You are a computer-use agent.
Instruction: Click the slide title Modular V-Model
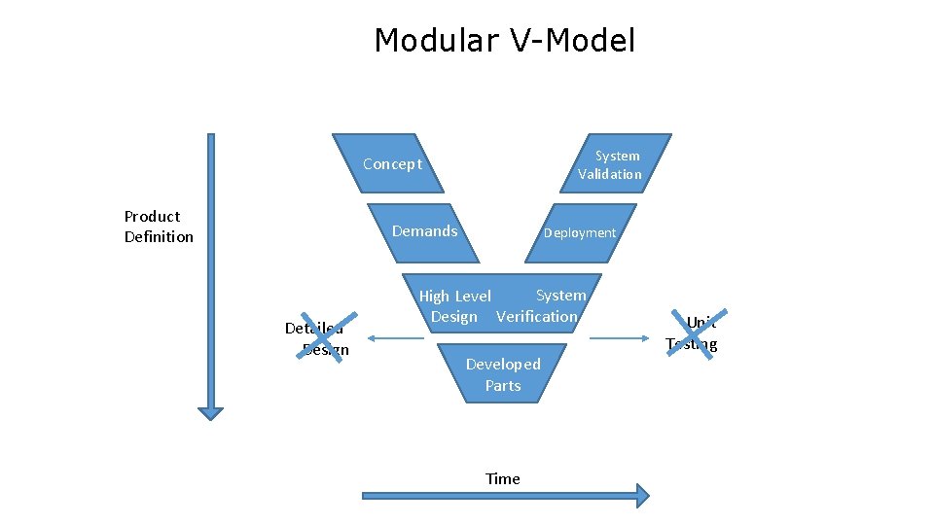point(504,41)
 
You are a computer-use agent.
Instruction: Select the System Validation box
point(611,164)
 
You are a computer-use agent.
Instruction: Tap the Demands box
point(424,231)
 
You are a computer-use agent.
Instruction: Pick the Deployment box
point(580,232)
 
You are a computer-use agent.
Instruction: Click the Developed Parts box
point(503,374)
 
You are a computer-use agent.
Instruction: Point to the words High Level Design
point(454,306)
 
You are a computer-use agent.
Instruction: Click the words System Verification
point(538,306)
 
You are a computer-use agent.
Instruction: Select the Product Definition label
point(159,227)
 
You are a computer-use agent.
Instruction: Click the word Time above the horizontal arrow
point(503,478)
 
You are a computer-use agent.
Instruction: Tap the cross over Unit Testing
point(694,333)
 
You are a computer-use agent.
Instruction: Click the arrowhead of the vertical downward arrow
point(210,411)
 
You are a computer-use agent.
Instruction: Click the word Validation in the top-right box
point(610,174)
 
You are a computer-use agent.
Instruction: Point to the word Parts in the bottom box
point(503,385)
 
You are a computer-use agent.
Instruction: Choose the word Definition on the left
point(159,237)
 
